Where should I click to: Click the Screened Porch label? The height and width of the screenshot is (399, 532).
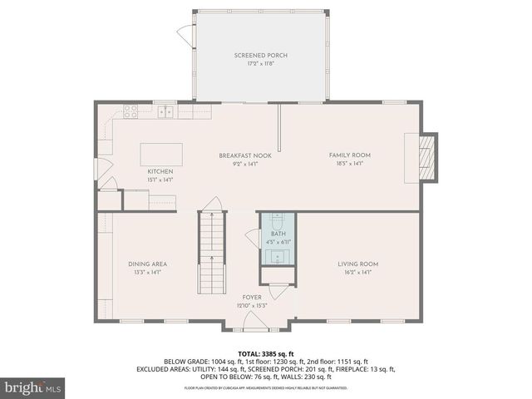point(267,56)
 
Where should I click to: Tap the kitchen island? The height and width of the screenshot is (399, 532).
point(161,154)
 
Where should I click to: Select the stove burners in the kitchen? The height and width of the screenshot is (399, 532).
point(131,110)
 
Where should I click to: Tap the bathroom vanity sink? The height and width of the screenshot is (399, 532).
point(277,255)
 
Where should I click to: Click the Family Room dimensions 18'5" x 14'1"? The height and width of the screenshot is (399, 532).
point(349,164)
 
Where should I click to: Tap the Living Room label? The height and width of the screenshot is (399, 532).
point(358,264)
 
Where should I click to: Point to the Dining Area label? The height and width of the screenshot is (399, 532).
point(147,264)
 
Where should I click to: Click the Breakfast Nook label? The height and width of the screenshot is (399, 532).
point(239,155)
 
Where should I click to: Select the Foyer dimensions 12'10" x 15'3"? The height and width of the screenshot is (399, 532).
point(251,306)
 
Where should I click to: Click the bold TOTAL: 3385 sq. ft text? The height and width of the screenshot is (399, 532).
point(266,353)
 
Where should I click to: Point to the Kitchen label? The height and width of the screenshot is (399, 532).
point(160,171)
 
